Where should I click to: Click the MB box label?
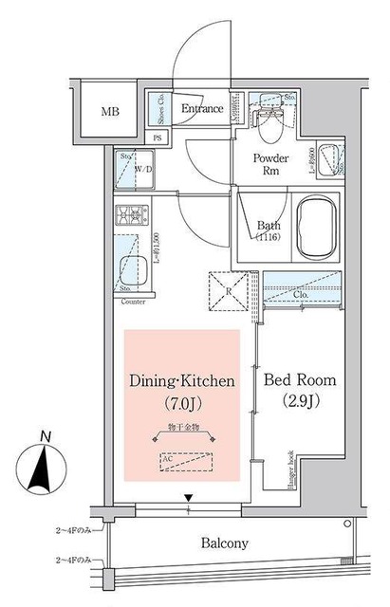coord(112,111)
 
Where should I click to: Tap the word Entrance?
coord(201,108)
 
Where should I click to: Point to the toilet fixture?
coord(275,118)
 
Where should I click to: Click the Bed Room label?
coord(299,380)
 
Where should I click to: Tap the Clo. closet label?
coord(302,295)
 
